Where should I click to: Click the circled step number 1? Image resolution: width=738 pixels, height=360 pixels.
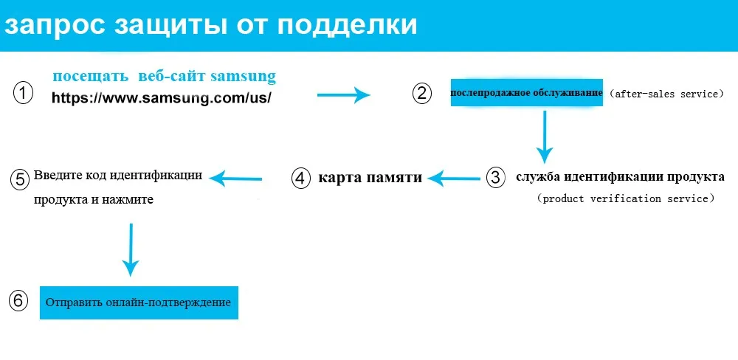coord(23,94)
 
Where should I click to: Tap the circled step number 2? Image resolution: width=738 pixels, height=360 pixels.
coord(421,94)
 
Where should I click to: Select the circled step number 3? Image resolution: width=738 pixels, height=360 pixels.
coord(496,177)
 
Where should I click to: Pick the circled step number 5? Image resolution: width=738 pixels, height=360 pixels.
coord(20,179)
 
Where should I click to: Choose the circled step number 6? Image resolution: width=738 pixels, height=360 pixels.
coord(18,301)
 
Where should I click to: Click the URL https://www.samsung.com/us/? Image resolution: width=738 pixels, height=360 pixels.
coord(162,97)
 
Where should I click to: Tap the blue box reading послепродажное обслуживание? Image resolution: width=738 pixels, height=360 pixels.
coord(527,93)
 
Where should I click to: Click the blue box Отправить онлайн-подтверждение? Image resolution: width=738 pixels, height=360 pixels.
coord(139,302)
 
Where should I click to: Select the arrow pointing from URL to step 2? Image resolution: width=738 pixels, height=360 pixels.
coord(343,94)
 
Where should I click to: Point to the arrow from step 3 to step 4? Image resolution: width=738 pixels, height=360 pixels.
coord(455,177)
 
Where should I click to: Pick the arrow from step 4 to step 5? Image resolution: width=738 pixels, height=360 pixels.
coord(237,177)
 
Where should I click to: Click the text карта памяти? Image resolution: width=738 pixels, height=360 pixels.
coord(370,178)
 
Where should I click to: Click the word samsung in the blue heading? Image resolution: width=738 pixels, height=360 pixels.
coord(243,76)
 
